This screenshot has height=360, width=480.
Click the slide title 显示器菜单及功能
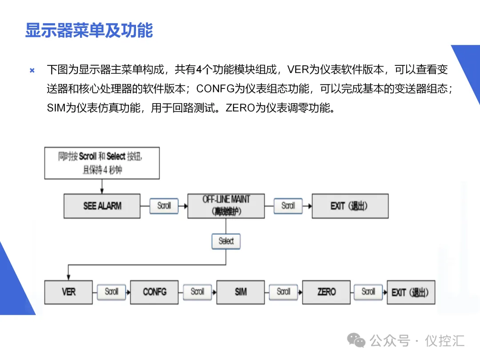click(89, 31)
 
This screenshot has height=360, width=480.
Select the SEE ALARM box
click(102, 206)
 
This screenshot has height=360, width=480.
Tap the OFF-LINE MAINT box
click(226, 205)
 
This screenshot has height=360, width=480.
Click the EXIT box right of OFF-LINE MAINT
click(350, 206)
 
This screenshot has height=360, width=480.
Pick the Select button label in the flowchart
click(226, 241)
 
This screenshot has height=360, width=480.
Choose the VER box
click(68, 292)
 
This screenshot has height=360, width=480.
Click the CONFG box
click(154, 292)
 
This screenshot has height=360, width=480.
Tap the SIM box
click(240, 292)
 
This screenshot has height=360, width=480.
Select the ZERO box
click(326, 292)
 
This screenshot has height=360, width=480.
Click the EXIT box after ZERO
click(410, 292)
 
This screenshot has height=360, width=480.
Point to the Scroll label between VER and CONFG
click(111, 292)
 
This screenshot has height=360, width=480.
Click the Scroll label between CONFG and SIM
click(197, 292)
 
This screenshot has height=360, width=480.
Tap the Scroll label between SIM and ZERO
click(283, 292)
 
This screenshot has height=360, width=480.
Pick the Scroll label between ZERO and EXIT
click(368, 292)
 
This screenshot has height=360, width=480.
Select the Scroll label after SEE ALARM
click(164, 205)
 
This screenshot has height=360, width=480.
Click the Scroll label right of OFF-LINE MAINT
click(288, 205)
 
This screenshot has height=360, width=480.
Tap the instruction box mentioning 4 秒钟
click(102, 163)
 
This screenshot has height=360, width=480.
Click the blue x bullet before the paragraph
click(32, 70)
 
